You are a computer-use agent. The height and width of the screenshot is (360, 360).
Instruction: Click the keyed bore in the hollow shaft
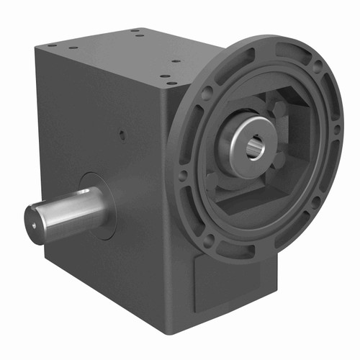click(x=256, y=149)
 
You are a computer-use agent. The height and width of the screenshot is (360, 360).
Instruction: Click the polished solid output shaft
click(x=68, y=209)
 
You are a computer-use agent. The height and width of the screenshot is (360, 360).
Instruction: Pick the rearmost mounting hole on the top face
click(x=135, y=31)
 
